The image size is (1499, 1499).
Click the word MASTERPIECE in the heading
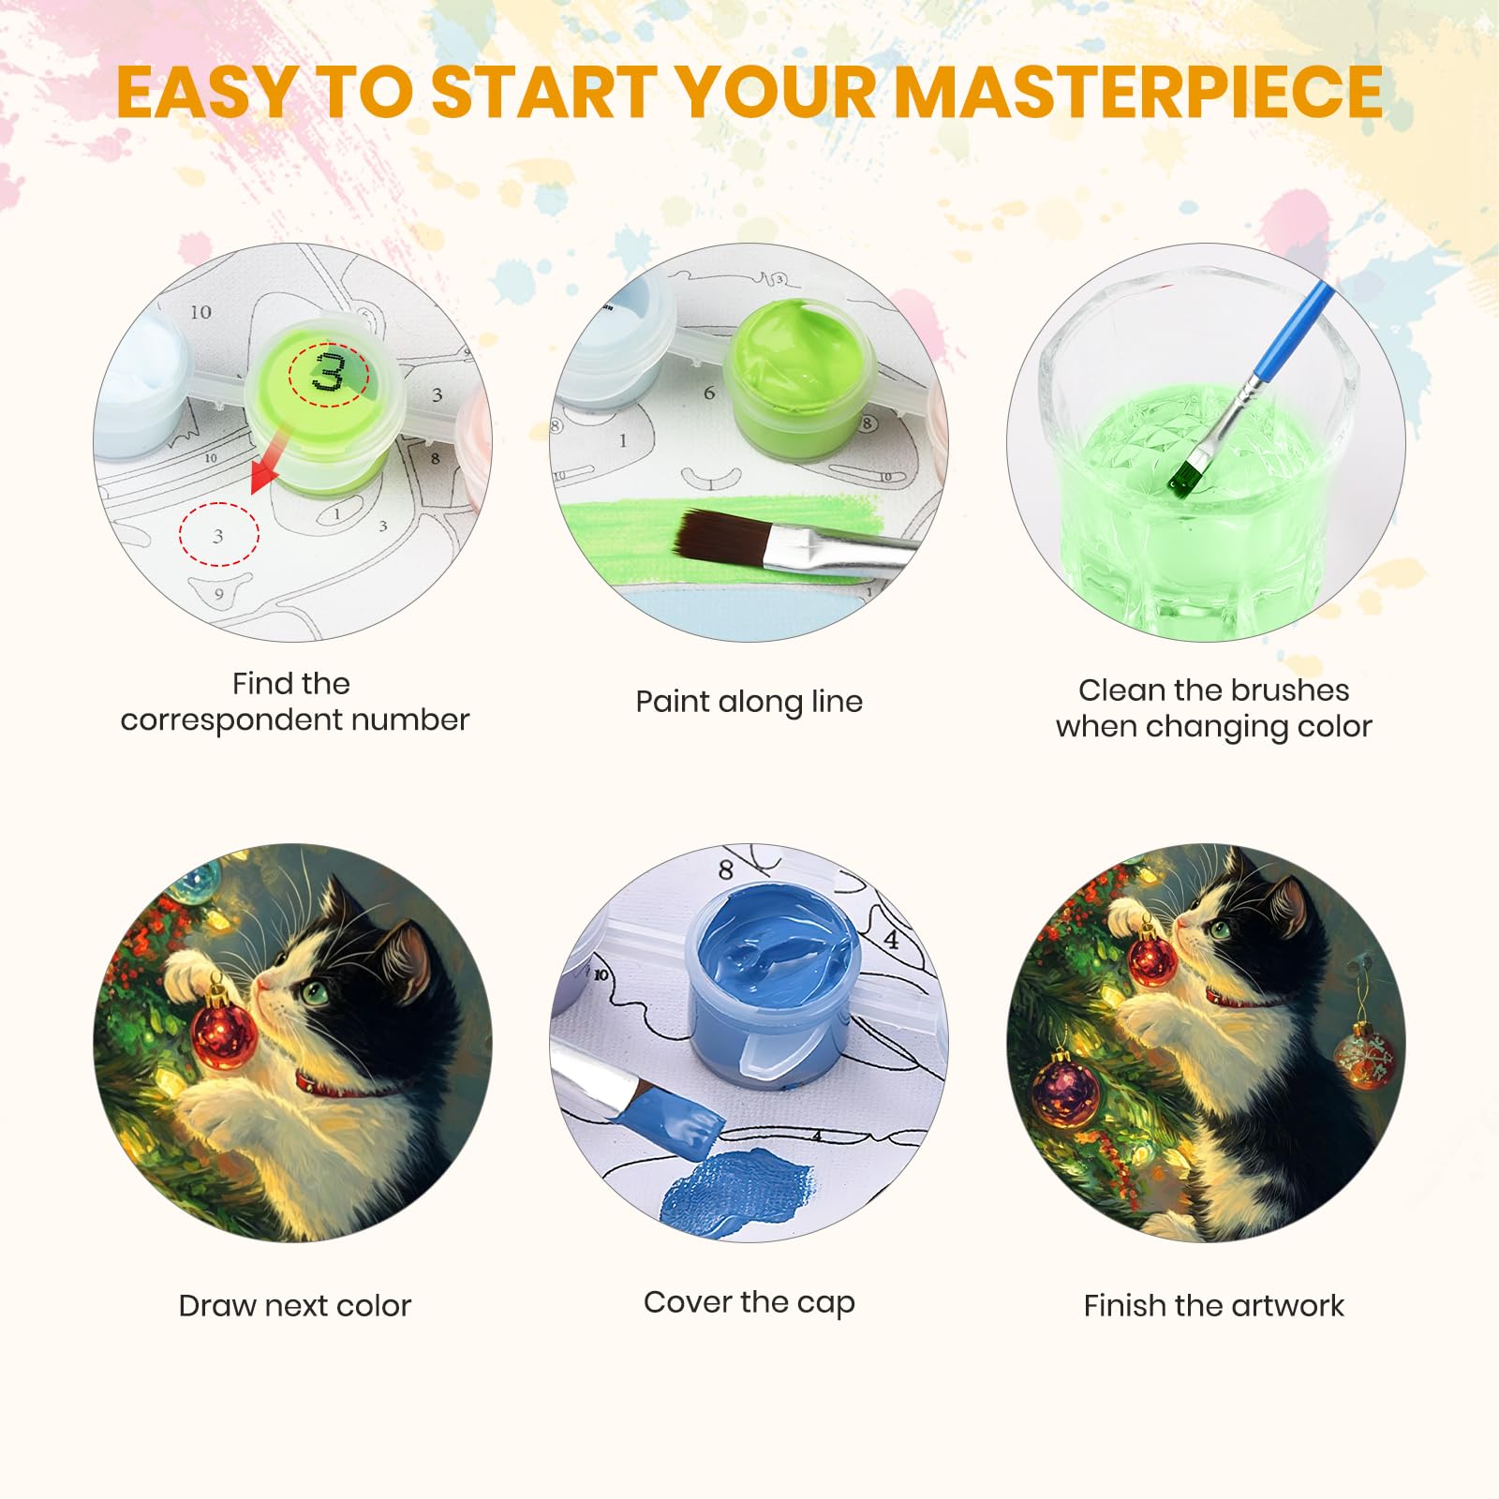click(x=1138, y=92)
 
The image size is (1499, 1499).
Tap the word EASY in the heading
click(x=207, y=92)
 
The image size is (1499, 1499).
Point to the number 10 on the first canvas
click(x=200, y=312)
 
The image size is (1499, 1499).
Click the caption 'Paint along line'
click(x=749, y=702)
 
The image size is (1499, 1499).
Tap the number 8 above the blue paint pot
click(x=725, y=869)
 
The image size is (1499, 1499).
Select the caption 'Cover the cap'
click(x=749, y=1302)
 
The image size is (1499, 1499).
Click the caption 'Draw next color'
click(x=294, y=1305)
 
